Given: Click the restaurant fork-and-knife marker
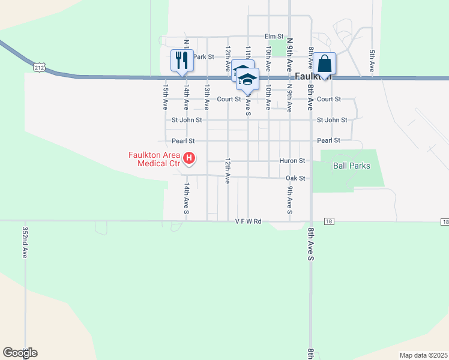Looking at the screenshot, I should coord(181,61).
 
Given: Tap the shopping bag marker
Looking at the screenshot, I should coord(324,64).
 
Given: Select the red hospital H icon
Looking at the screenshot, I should coord(189,158).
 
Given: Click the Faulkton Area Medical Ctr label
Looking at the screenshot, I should coord(154,158).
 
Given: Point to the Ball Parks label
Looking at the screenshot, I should coord(352,166).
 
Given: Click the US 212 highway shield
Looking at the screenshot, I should coord(40,68).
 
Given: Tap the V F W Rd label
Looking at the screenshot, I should coord(249,221).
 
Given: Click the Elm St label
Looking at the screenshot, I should coord(274,37).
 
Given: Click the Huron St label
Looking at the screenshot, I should coord(293,161).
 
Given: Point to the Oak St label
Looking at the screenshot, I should coord(296,178).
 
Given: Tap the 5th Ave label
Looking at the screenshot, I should coord(372,62).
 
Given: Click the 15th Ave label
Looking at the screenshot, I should coord(165,96).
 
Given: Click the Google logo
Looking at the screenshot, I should coord(20,353).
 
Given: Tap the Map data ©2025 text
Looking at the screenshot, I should coord(423,355).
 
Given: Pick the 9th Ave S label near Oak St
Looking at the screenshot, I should coord(290,200).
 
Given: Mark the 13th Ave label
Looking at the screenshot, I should coord(206,96).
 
